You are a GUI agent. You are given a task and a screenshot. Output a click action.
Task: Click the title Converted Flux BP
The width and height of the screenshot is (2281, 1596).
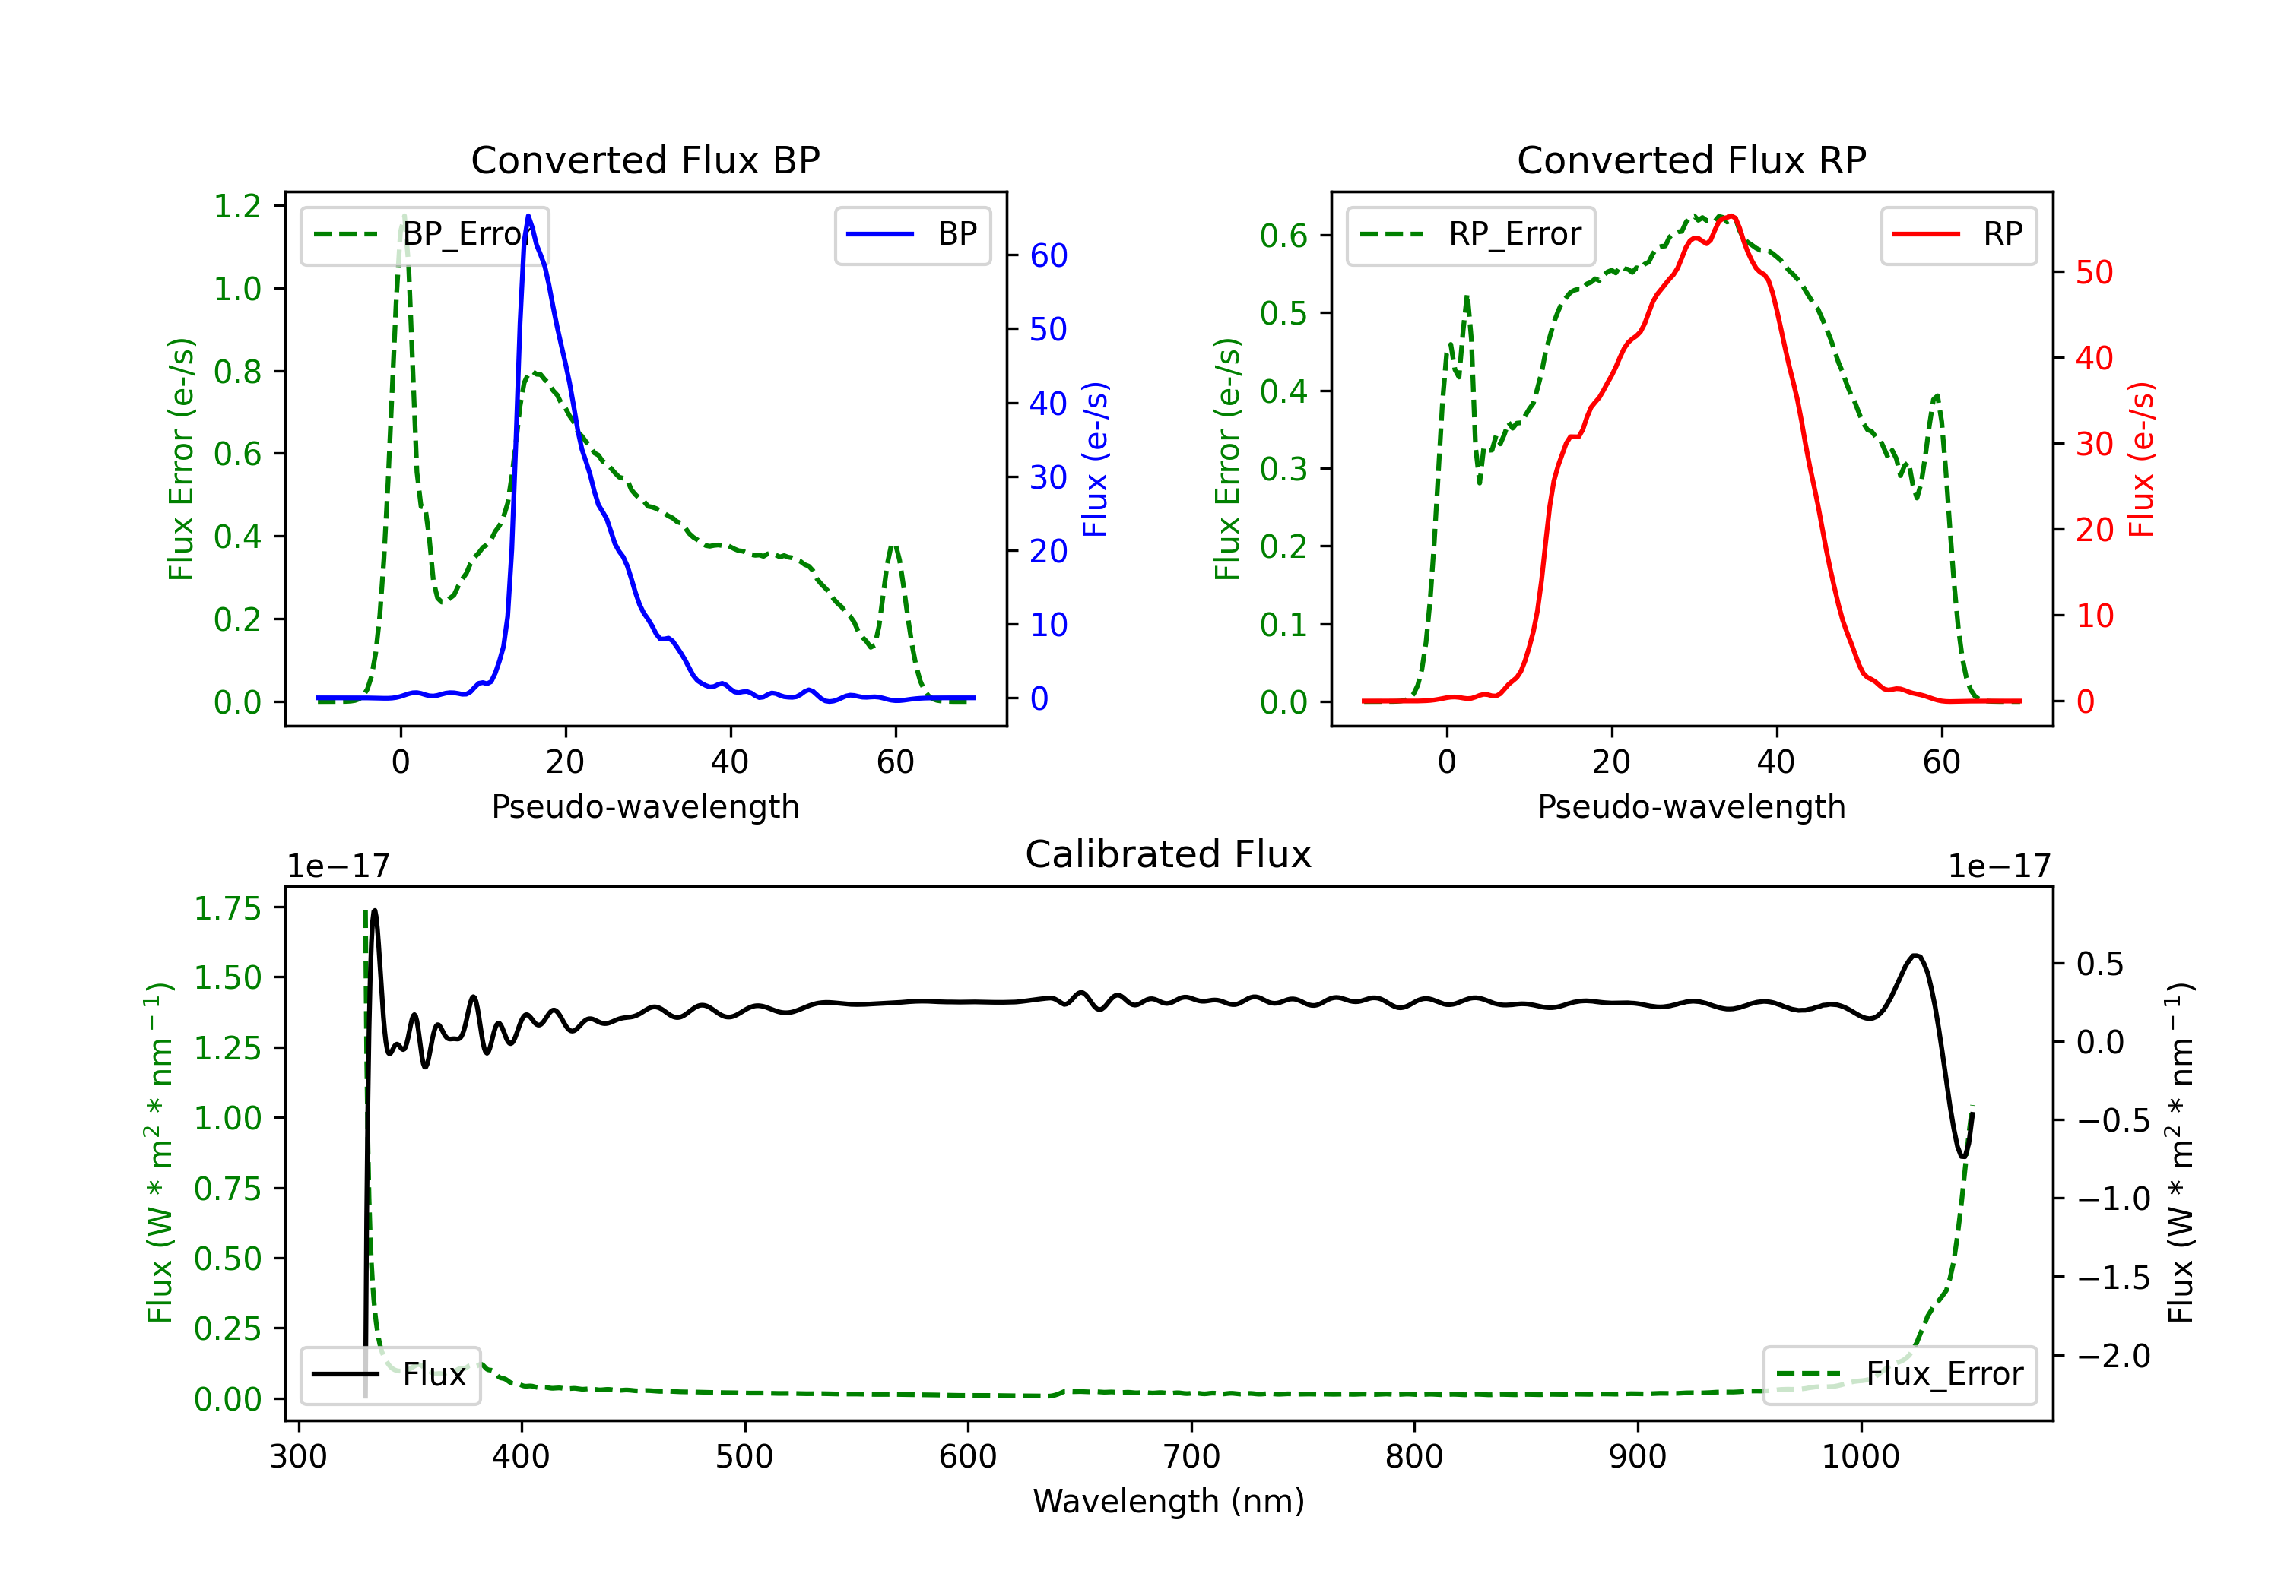(x=645, y=160)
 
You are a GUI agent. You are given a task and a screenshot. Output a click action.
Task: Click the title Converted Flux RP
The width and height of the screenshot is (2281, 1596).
(x=1691, y=160)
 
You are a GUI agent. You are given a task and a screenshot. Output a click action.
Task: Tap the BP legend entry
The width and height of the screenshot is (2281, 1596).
(x=913, y=234)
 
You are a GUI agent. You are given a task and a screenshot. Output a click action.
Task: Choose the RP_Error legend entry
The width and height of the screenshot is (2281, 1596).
(x=1470, y=234)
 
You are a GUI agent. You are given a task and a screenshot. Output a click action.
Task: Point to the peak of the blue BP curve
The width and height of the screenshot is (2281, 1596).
(x=528, y=216)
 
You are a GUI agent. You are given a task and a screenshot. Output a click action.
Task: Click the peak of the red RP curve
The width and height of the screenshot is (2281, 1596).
(x=1731, y=216)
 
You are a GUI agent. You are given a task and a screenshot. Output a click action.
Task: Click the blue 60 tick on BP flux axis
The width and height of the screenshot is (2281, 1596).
(x=1048, y=255)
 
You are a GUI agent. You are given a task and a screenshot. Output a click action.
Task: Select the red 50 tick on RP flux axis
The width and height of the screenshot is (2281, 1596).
(x=2094, y=272)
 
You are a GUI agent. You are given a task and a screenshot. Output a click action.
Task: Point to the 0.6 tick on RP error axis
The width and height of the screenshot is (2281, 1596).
(x=1283, y=236)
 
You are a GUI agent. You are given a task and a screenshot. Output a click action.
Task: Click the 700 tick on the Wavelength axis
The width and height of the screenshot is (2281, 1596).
(x=1191, y=1457)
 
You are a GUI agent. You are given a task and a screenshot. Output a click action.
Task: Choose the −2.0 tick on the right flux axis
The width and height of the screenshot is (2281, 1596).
(x=2112, y=1356)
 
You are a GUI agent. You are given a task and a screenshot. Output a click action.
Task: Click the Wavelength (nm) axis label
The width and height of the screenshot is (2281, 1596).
(x=1169, y=1501)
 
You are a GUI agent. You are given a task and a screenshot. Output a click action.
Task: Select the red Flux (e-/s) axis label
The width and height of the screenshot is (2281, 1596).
(x=2141, y=459)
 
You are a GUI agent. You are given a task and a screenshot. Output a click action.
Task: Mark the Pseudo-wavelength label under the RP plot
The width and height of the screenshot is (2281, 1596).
(x=1691, y=806)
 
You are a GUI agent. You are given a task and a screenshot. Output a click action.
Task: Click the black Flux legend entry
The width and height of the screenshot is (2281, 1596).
(x=391, y=1375)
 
